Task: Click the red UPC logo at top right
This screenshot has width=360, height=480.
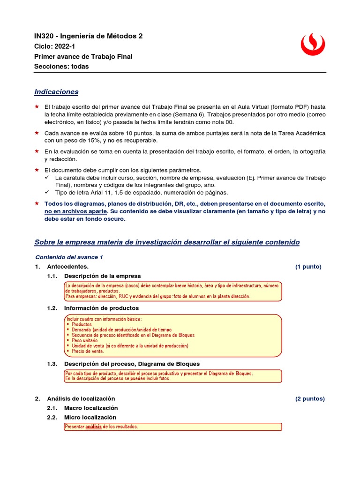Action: click(312, 45)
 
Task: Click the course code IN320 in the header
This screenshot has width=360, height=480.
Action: click(45, 36)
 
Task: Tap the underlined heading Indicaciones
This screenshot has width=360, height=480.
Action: click(56, 92)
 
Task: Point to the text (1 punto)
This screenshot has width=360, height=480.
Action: click(308, 267)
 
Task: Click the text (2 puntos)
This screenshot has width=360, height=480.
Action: click(309, 399)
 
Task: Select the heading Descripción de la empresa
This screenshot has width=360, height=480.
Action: click(102, 276)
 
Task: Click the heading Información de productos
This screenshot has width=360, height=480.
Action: click(101, 308)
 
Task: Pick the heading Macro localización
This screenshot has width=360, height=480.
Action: click(91, 408)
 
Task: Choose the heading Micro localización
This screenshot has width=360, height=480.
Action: click(90, 418)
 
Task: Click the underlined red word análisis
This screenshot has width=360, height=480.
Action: click(93, 427)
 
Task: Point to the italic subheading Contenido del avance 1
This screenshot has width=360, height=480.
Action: click(69, 257)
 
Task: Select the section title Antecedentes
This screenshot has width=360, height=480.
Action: click(67, 267)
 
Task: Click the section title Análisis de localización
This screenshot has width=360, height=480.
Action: click(81, 399)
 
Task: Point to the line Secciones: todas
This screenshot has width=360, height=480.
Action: click(61, 67)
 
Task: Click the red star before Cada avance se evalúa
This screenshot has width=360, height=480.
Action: click(37, 133)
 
